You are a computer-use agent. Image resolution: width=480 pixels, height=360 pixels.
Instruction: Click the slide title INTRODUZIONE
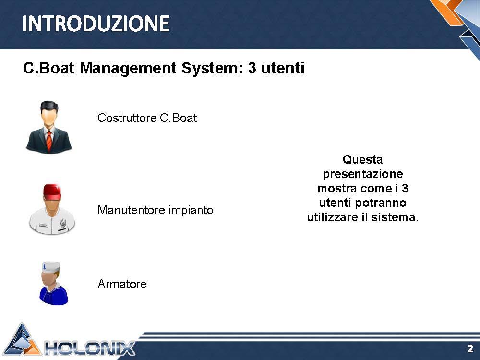pos(96,24)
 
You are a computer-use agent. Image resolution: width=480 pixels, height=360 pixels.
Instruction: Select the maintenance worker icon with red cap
pos(52,209)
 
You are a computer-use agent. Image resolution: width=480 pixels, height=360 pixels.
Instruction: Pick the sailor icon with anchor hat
pos(53,283)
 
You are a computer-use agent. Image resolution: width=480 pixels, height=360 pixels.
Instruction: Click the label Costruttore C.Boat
pos(147,118)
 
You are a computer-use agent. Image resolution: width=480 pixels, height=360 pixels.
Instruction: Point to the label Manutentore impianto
pos(155,210)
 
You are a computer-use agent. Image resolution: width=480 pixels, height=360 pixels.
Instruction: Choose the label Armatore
pos(122,284)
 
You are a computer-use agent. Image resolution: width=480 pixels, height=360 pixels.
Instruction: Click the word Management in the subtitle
pos(128,68)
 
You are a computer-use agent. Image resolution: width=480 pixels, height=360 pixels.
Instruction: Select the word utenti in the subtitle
pos(283,68)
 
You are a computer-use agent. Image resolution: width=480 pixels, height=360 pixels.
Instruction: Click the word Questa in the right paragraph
pos(362,159)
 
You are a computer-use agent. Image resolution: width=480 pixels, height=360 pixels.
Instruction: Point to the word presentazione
pos(363,174)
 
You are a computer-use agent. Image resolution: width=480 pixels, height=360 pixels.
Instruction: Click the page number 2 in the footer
pos(470,348)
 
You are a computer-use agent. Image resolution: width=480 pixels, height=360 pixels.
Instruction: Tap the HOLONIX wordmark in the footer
pos(90,348)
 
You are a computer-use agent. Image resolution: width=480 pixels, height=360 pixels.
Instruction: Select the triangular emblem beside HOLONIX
pos(23,340)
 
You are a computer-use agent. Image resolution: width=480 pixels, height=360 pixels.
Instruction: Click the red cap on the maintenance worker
pos(52,191)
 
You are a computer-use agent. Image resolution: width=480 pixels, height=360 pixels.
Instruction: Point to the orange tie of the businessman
pos(49,141)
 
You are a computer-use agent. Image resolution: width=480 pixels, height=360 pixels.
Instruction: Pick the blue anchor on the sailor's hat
pos(44,266)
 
